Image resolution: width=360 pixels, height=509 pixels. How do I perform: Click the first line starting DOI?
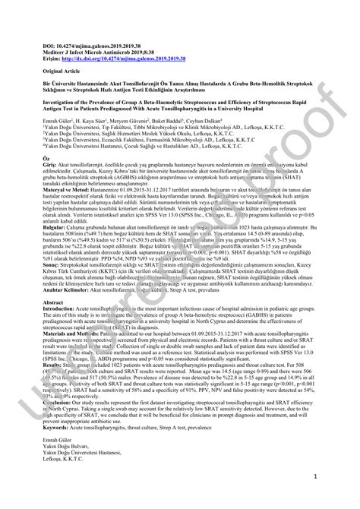tap(92, 46)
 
